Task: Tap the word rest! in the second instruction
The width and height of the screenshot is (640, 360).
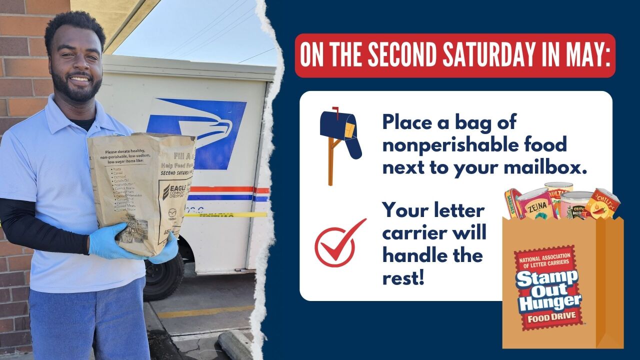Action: [403, 277]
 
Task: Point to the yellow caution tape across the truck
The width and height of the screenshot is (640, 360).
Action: [235, 215]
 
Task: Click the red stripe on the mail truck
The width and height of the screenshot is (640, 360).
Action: [225, 189]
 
